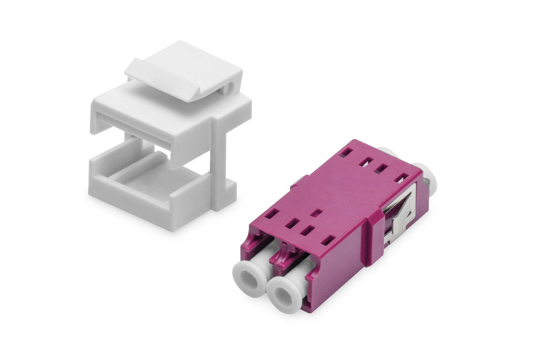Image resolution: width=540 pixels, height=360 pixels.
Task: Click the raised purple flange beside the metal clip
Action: click(372, 237)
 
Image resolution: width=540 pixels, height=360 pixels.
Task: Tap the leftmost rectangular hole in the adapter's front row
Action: click(273, 212)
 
